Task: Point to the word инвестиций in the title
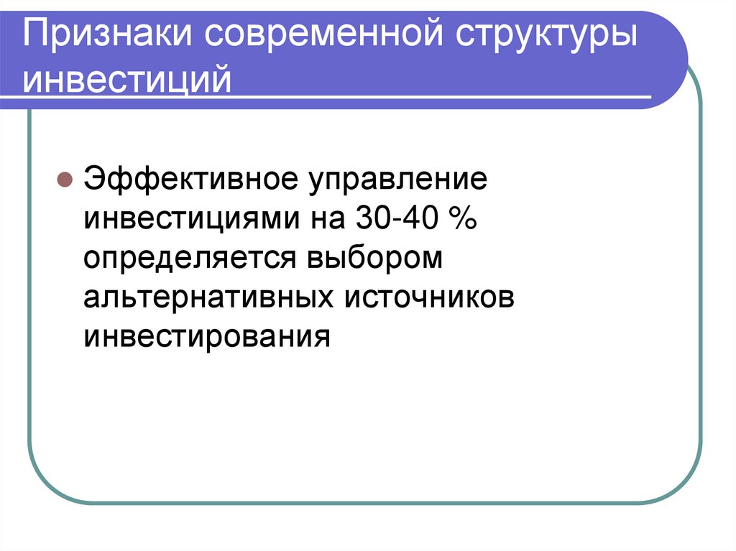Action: tap(127, 79)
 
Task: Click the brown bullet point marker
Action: tap(64, 179)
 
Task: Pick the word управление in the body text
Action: tap(398, 179)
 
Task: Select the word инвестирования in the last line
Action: tap(208, 335)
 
